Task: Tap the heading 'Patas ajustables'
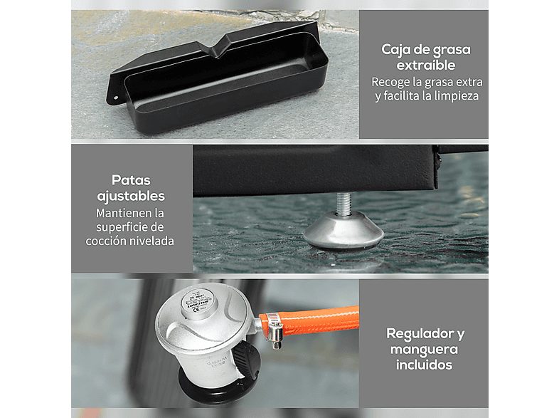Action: click(x=132, y=188)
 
